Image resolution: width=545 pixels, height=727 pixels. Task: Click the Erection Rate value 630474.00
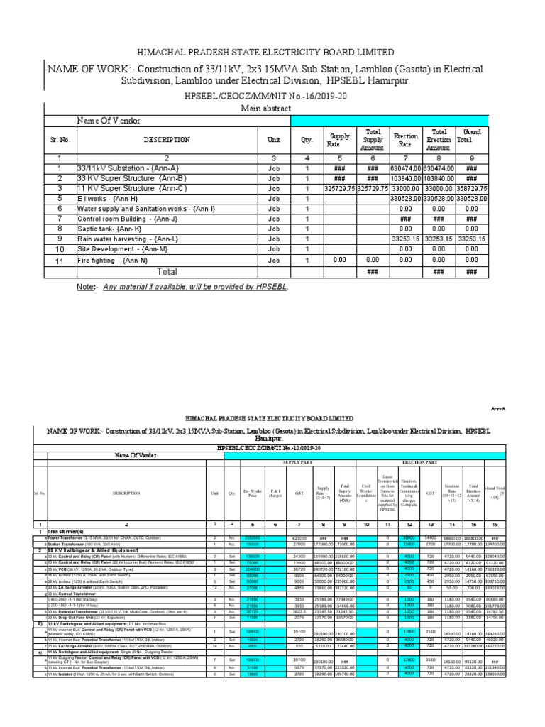click(x=404, y=168)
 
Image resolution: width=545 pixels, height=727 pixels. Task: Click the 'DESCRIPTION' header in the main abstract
click(x=167, y=140)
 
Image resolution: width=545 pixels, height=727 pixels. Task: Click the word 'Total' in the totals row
click(x=167, y=272)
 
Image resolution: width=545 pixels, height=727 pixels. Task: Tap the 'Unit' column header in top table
click(x=273, y=140)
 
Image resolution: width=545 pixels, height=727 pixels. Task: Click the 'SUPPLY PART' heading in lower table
click(x=298, y=462)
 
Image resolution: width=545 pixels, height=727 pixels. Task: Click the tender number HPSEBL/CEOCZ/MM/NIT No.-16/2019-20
click(x=272, y=94)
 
